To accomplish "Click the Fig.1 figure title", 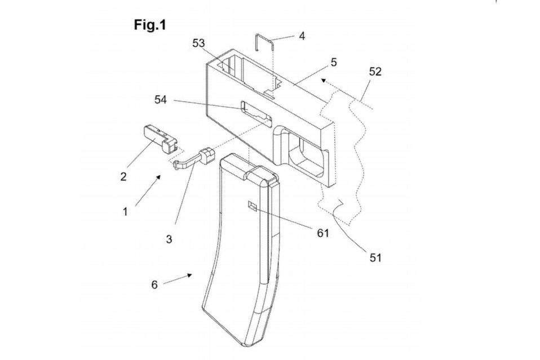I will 149,25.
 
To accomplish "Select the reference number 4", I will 302,37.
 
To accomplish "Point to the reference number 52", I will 375,72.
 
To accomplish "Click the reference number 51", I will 376,257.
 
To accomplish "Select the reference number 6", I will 154,285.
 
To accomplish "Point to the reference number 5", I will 334,63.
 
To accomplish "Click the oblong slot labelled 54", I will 256,110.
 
